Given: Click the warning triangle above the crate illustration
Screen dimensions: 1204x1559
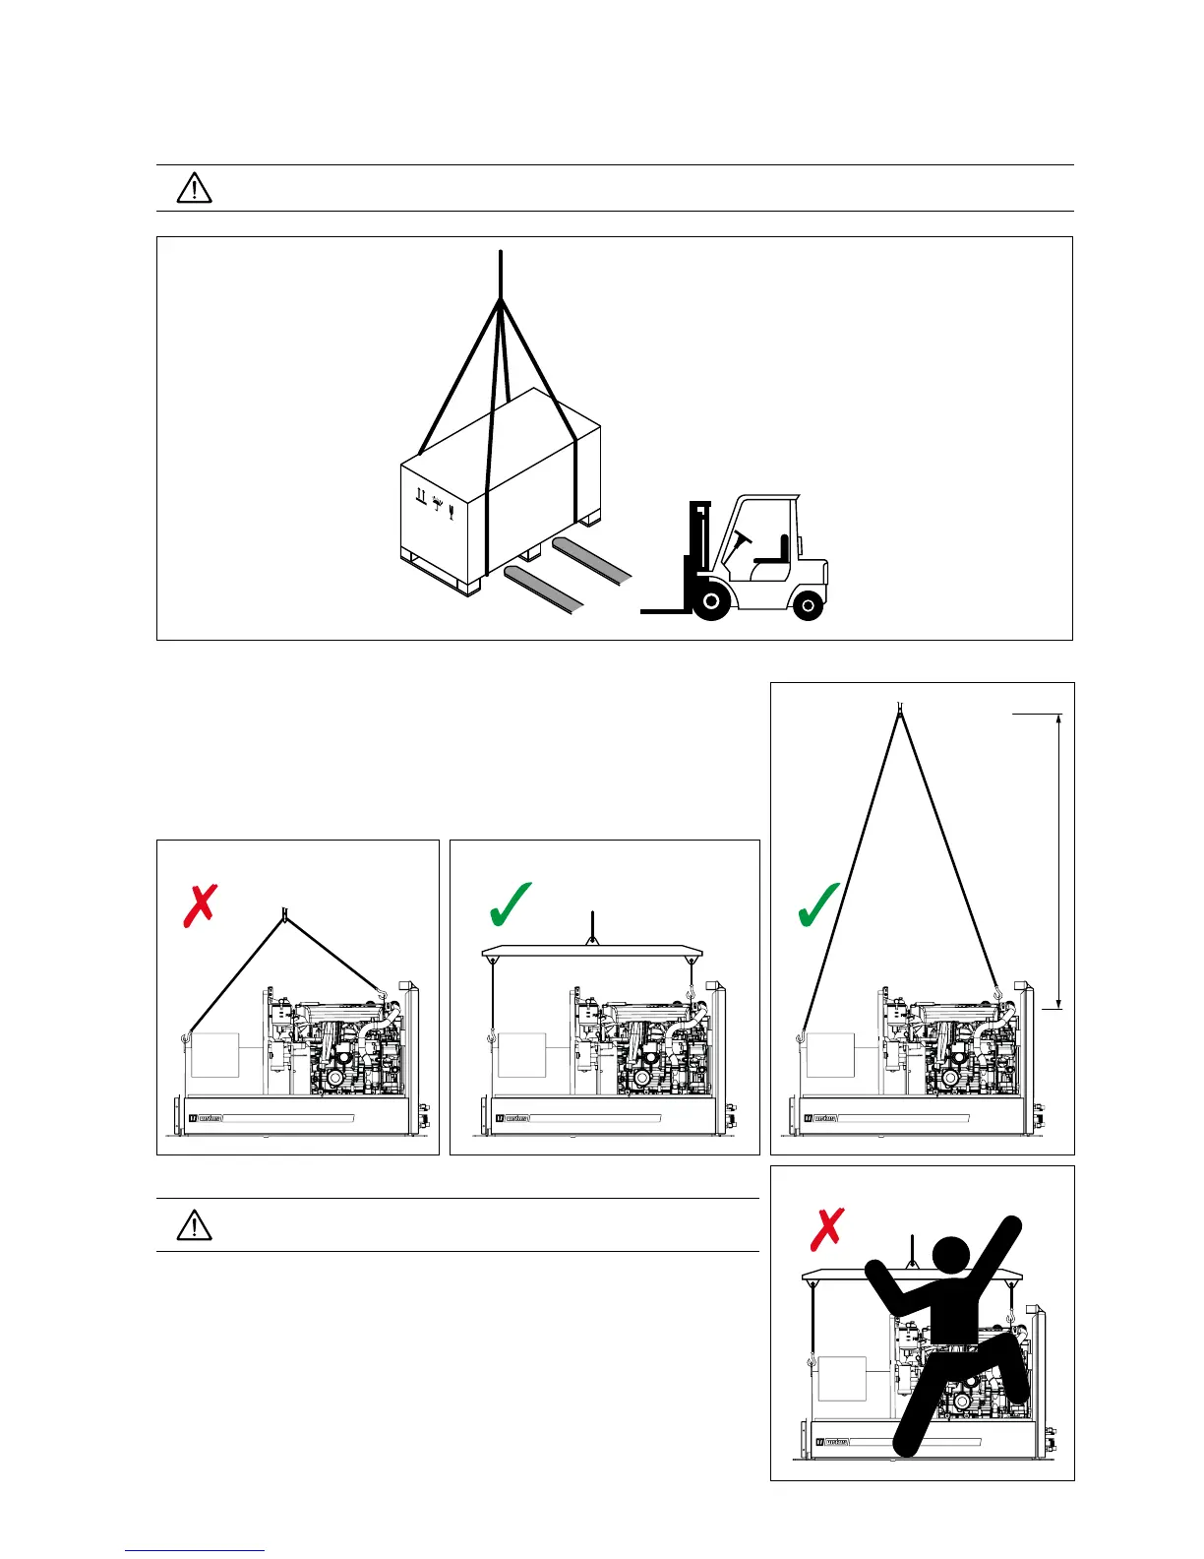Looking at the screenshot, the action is tap(195, 187).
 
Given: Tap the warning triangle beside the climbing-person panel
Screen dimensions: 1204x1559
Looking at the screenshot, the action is tap(195, 1225).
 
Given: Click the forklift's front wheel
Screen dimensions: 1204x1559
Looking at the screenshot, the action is tap(710, 600).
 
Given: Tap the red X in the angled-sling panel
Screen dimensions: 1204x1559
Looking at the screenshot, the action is tap(200, 904).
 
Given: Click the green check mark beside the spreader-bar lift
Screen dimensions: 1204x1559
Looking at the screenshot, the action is tap(510, 904).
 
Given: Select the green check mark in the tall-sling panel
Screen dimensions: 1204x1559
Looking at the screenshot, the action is tap(818, 904).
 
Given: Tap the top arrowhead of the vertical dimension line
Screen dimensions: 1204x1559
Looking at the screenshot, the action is tap(1059, 719).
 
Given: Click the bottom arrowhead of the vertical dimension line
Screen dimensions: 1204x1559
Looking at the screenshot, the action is tap(1059, 1002).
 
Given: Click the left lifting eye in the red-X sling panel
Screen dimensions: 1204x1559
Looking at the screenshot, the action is tap(185, 1036).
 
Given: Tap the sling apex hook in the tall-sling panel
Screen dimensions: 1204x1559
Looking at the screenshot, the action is tap(899, 708).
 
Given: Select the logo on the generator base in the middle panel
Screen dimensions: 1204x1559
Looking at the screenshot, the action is tap(512, 1118).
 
